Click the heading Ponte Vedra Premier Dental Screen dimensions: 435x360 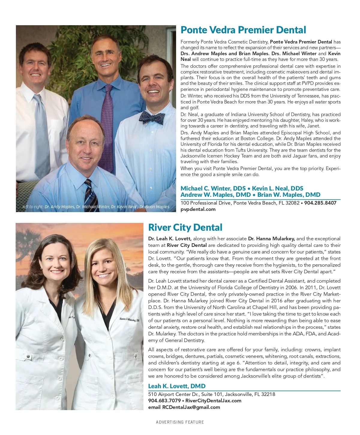(243, 30)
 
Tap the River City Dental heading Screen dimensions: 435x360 (185, 227)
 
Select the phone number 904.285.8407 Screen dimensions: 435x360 (320, 203)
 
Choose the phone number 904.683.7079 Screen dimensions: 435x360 (164, 401)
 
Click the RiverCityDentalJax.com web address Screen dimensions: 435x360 (213, 401)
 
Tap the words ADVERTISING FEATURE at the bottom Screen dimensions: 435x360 (180, 422)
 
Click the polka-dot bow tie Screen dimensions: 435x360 (152, 117)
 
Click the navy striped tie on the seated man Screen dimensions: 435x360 (91, 195)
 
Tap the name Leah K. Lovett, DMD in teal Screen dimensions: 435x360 (177, 386)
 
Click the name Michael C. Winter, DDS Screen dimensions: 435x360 (213, 188)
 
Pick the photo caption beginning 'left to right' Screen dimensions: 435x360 (96, 207)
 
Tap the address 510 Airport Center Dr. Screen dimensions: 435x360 (211, 394)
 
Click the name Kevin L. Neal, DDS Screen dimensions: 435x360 (277, 188)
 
